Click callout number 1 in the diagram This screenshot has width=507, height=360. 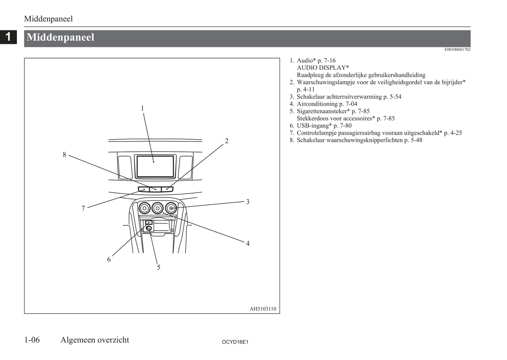coord(142,108)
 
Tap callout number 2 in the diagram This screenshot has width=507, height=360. coord(227,141)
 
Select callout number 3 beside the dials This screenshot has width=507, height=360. coord(248,202)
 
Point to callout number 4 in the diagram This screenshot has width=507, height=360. coord(248,244)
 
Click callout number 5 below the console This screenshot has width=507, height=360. coord(159,267)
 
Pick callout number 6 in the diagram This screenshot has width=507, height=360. coord(109,259)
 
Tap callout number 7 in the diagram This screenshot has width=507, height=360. coord(83,208)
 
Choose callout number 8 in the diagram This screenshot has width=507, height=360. coord(65,155)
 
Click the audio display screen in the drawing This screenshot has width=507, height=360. coord(155,166)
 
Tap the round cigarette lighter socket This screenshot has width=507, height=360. coord(149,228)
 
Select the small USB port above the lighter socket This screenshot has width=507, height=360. coord(149,222)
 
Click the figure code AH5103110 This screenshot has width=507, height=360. coord(263,309)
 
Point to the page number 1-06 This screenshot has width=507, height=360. coord(32,340)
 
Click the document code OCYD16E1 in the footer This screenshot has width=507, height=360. coord(235,342)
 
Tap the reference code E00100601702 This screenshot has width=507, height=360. coord(458,49)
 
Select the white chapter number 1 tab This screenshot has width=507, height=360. coord(8,37)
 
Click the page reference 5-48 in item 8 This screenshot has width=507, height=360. coord(416,140)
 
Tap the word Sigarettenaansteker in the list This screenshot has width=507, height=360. coord(323,111)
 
